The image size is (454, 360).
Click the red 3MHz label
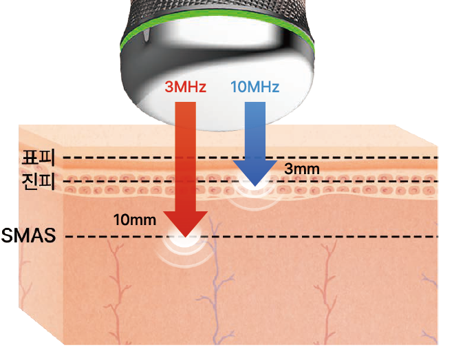pyautogui.click(x=185, y=88)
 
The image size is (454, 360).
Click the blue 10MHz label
pyautogui.click(x=255, y=87)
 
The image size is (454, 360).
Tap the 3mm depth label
pyautogui.click(x=301, y=168)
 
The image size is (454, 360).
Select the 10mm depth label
pyautogui.click(x=133, y=220)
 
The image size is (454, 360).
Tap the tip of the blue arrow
pyautogui.click(x=254, y=185)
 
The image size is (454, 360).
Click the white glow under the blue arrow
pyautogui.click(x=254, y=193)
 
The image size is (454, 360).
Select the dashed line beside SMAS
pyautogui.click(x=310, y=238)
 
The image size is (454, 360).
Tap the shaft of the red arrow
pyautogui.click(x=185, y=158)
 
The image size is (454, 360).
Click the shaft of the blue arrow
pyautogui.click(x=254, y=131)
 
